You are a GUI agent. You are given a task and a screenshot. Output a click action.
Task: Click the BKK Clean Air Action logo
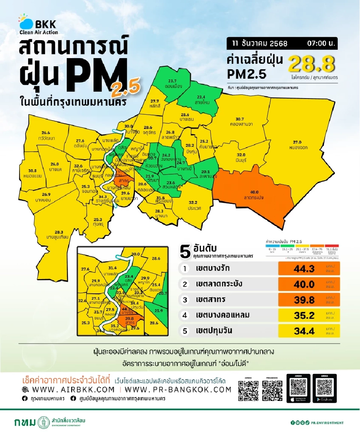pyautogui.click(x=37, y=25)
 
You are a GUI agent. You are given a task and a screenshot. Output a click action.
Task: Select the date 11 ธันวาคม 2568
pyautogui.click(x=259, y=43)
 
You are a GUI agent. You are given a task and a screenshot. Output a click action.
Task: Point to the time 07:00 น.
pyautogui.click(x=321, y=43)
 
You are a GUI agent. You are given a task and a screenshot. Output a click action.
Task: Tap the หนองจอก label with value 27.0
pyautogui.click(x=297, y=145)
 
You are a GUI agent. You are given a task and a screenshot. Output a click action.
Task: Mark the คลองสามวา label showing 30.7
pyautogui.click(x=239, y=121)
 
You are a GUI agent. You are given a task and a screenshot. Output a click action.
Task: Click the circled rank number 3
pyautogui.click(x=184, y=300)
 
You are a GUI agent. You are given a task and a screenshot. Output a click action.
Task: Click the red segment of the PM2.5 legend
pyautogui.click(x=331, y=246)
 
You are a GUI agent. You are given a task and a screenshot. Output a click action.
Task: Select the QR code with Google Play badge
pyautogui.click(x=325, y=388)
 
